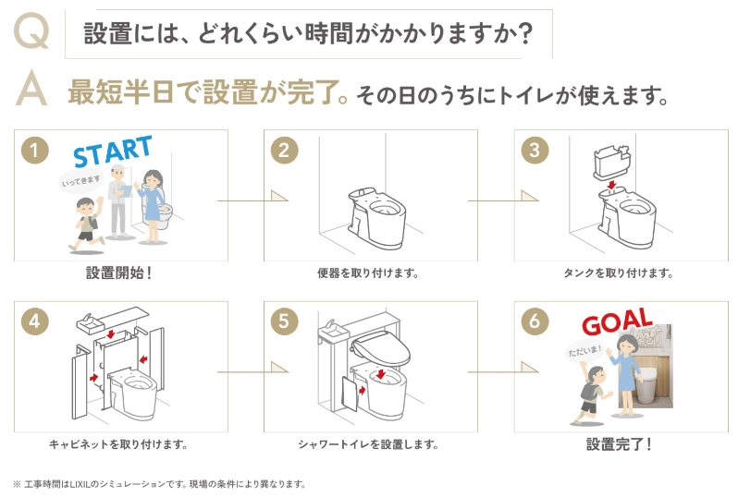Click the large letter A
pyautogui.click(x=32, y=90)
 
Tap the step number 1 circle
pyautogui.click(x=34, y=150)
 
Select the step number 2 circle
pyautogui.click(x=284, y=150)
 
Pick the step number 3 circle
pyautogui.click(x=534, y=150)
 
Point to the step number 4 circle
pyautogui.click(x=34, y=321)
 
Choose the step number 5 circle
pyautogui.click(x=284, y=321)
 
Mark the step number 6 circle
pyautogui.click(x=534, y=321)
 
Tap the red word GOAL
pyautogui.click(x=616, y=324)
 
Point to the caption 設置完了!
pyautogui.click(x=619, y=444)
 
